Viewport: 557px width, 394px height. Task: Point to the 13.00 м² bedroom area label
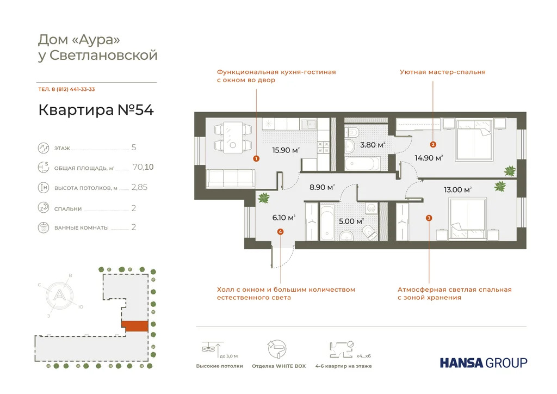(457, 190)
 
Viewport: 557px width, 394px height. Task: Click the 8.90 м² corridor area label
(320, 187)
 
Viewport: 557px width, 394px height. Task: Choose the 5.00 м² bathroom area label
(351, 221)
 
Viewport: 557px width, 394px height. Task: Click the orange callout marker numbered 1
(256, 159)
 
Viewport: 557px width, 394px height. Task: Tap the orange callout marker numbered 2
(433, 145)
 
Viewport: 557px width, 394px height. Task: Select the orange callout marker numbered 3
(429, 218)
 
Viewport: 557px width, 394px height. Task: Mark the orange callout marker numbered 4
(280, 232)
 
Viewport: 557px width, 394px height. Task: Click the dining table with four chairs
(233, 137)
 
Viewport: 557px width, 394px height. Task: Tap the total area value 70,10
(143, 168)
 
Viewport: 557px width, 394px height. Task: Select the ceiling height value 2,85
(139, 188)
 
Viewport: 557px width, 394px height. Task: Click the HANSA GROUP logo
(483, 362)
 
